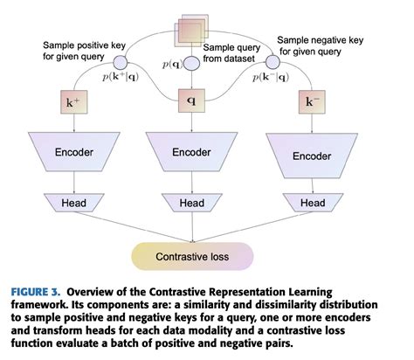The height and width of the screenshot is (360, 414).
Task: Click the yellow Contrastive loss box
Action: tap(191, 258)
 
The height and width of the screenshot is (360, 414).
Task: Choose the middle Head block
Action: tap(191, 203)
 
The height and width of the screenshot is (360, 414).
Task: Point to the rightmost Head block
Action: tap(312, 203)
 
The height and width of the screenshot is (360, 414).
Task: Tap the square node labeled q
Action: tap(191, 100)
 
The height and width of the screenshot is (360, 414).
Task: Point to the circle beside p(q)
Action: tap(192, 62)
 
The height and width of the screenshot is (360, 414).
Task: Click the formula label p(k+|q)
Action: tap(121, 79)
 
